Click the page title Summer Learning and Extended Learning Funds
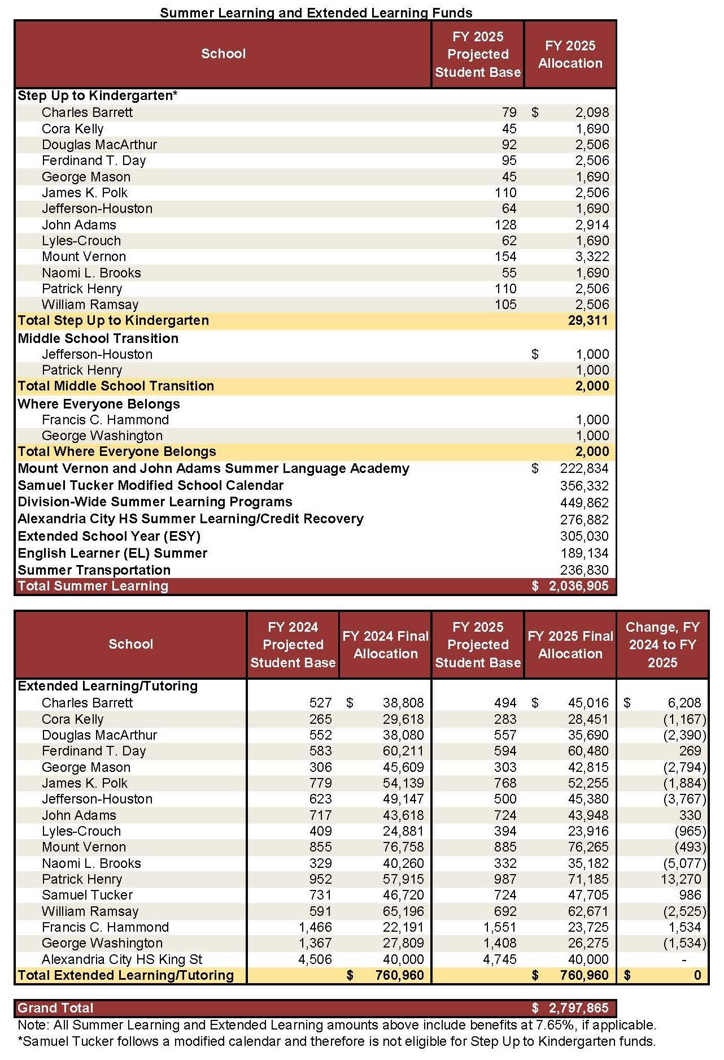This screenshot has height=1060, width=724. (316, 12)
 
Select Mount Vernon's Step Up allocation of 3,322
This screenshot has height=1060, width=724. (592, 257)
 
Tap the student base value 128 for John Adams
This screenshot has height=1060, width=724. (505, 225)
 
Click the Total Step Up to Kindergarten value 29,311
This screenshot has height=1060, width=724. (588, 321)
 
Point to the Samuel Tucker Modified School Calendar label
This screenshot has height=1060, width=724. (150, 485)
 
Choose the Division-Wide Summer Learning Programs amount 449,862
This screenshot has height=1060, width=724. (584, 502)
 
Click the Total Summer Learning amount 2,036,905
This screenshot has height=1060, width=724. (578, 586)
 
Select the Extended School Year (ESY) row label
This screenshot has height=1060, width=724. (109, 536)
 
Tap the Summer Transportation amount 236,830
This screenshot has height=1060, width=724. (584, 570)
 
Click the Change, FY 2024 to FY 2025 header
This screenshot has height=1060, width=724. (662, 645)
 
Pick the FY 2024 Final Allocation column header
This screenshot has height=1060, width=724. (385, 645)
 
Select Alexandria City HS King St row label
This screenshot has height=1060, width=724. (121, 959)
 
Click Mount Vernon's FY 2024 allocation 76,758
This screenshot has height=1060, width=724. (403, 847)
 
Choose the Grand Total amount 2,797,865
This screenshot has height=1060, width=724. (578, 1008)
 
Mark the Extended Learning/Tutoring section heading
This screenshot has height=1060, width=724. (107, 686)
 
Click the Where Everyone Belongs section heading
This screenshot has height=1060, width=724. (98, 404)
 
